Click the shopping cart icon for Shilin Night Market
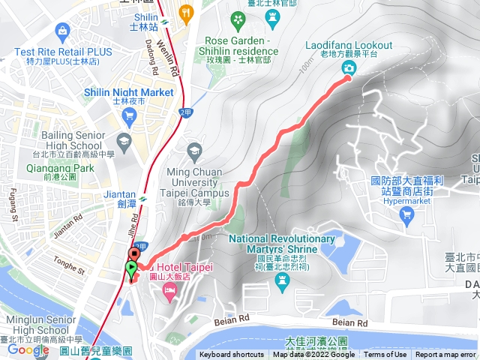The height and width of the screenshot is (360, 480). [x=129, y=115]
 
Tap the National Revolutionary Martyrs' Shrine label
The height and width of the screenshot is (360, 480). [x=282, y=243]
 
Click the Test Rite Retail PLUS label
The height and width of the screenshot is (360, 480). [x=62, y=52]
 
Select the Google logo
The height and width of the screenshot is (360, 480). [x=28, y=349]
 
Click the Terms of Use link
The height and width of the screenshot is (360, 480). [x=385, y=355]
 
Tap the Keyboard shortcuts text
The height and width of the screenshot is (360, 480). [x=232, y=355]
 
